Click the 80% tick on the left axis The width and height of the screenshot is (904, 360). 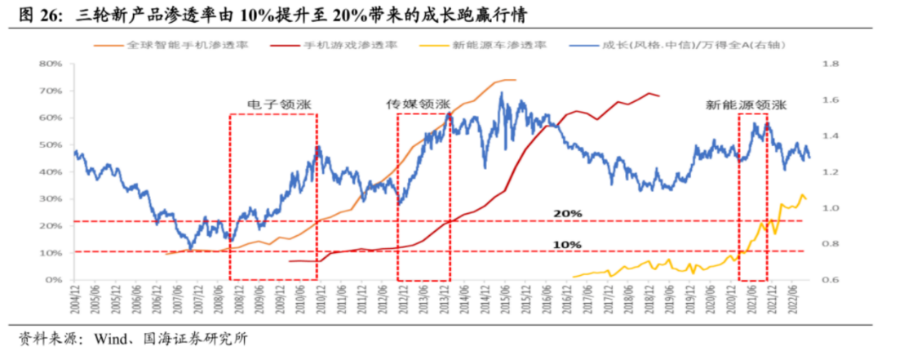(x=51, y=64)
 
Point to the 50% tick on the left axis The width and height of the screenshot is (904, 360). (x=51, y=144)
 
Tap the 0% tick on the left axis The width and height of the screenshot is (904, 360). (x=54, y=280)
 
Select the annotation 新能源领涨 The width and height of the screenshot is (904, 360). (x=746, y=104)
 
